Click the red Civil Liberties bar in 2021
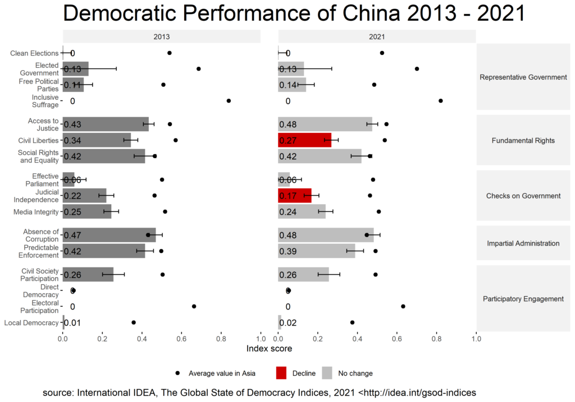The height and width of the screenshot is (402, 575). (304, 140)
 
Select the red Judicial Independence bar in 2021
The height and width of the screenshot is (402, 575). (294, 196)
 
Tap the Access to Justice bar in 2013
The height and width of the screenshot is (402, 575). (106, 124)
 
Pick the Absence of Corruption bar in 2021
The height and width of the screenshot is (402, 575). (326, 235)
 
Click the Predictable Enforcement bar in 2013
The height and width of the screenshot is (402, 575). (104, 251)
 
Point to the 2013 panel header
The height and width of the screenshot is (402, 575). (162, 36)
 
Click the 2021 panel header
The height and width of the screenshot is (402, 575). (377, 36)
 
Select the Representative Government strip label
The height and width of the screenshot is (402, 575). (523, 77)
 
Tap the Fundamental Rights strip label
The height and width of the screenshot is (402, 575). (523, 140)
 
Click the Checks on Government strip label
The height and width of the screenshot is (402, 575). (523, 196)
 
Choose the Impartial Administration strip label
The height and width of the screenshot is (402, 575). (523, 243)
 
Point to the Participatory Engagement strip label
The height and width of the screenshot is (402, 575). (523, 299)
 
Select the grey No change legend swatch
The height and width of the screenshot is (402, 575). (327, 373)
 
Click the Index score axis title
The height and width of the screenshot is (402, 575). (270, 349)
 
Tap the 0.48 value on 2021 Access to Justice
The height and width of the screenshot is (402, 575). (288, 124)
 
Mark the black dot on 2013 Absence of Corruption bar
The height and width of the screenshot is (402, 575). (148, 235)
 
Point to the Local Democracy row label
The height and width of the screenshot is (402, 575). (31, 322)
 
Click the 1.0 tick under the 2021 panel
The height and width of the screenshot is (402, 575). (476, 339)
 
